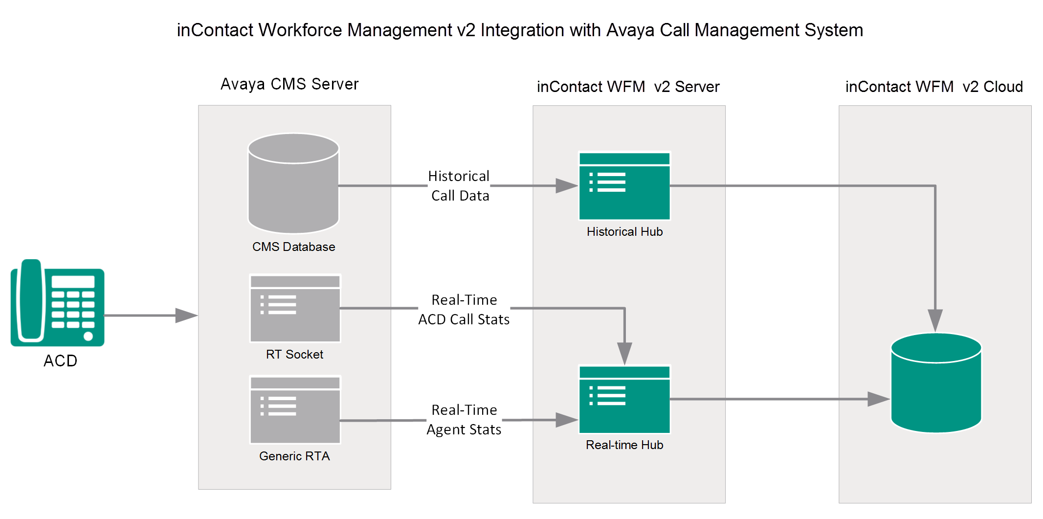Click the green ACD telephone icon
[x=58, y=302]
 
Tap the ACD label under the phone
[x=60, y=361]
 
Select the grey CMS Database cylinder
[x=293, y=183]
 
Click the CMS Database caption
[x=293, y=247]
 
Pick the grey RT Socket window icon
[x=295, y=308]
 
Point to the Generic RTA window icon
[x=295, y=410]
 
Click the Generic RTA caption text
[x=294, y=456]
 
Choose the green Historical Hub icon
[x=624, y=186]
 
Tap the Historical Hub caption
[x=624, y=231]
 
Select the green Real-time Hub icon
[x=624, y=399]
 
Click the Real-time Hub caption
[x=624, y=445]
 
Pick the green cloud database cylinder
[x=936, y=383]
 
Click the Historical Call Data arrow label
[x=459, y=186]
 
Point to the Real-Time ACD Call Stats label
[x=464, y=310]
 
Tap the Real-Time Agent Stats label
[x=464, y=420]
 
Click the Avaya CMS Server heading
[x=289, y=84]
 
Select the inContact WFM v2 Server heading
[x=628, y=87]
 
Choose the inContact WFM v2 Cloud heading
[x=934, y=87]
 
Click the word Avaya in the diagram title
[x=630, y=30]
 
